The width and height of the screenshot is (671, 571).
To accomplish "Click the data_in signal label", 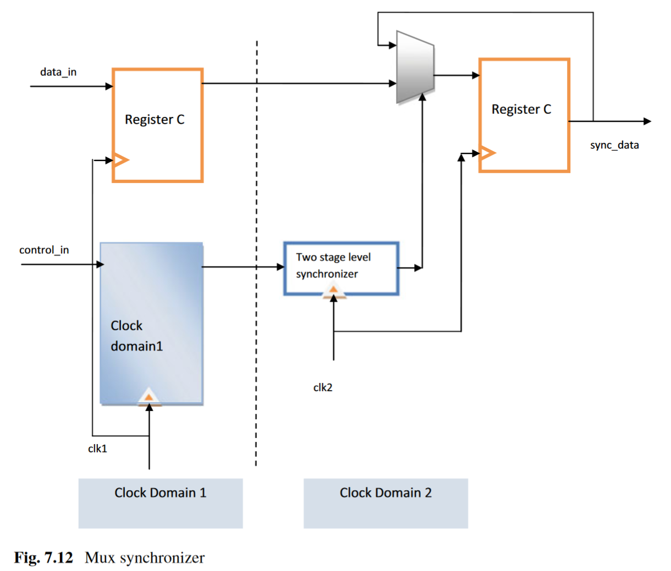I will coord(58,72).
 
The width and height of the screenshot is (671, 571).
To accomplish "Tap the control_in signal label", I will coord(44,250).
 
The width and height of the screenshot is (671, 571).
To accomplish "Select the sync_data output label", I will coord(614,145).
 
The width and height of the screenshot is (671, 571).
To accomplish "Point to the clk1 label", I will coord(97,448).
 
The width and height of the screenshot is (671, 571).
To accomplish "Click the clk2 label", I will coord(323,387).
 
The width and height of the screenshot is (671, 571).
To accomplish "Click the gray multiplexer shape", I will coord(415,68).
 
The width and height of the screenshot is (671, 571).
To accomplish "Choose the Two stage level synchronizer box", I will coord(341,268).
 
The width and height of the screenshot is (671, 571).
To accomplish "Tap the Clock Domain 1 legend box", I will coord(160,503).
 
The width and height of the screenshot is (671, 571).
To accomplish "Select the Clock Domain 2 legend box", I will coord(386,503).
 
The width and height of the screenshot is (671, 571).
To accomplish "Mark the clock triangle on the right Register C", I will coord(487,152).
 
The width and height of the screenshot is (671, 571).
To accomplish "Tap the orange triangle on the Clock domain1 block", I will coord(148,396).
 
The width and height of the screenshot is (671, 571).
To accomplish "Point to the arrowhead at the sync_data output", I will coord(647,121).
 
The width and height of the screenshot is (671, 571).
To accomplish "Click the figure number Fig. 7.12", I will coord(43,558).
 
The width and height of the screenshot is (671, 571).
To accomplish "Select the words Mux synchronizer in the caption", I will coord(145,558).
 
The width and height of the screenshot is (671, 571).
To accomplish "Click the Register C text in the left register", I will coord(155,120).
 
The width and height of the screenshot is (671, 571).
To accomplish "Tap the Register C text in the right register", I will coord(521,109).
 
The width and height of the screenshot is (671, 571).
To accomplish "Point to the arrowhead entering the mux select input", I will coord(422,97).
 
